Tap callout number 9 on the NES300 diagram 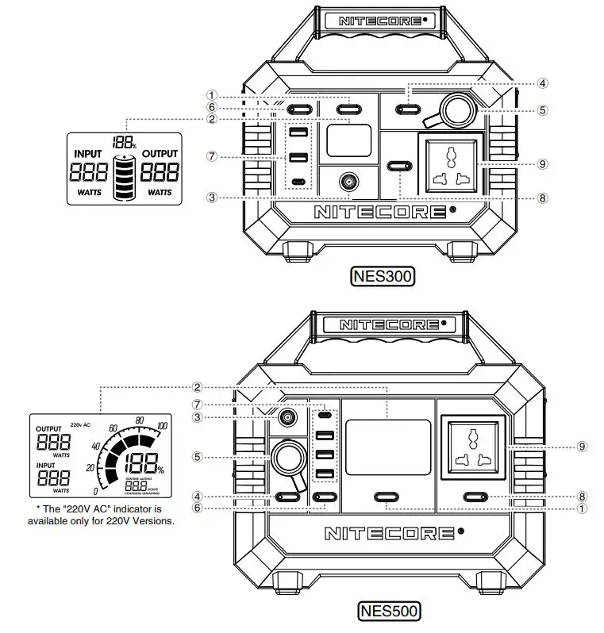[x=542, y=163]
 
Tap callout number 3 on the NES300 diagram [x=212, y=197]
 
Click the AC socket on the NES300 [x=452, y=163]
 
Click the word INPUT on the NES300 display [x=88, y=153]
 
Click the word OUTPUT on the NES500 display [x=53, y=429]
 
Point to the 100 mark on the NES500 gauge [x=163, y=427]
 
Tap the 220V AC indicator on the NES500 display [x=82, y=425]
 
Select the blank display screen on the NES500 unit [x=388, y=448]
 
